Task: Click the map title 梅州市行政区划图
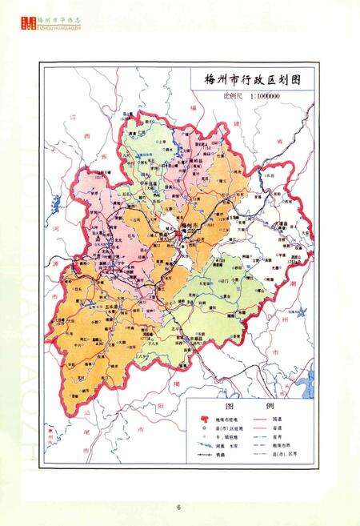[x=250, y=81]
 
